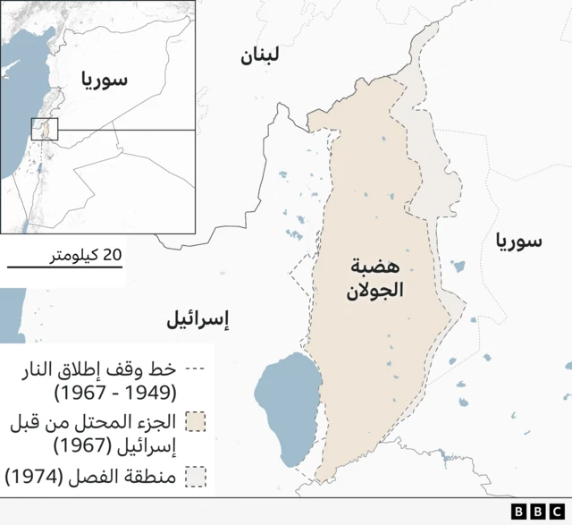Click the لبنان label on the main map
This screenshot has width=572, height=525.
(260, 56)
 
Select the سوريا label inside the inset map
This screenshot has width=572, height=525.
(105, 80)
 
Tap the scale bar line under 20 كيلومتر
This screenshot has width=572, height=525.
(63, 267)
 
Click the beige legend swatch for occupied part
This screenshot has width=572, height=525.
(196, 422)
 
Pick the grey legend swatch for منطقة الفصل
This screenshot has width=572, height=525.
(196, 477)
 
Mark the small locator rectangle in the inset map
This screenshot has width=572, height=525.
(45, 129)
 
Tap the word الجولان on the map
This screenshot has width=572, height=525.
(375, 290)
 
